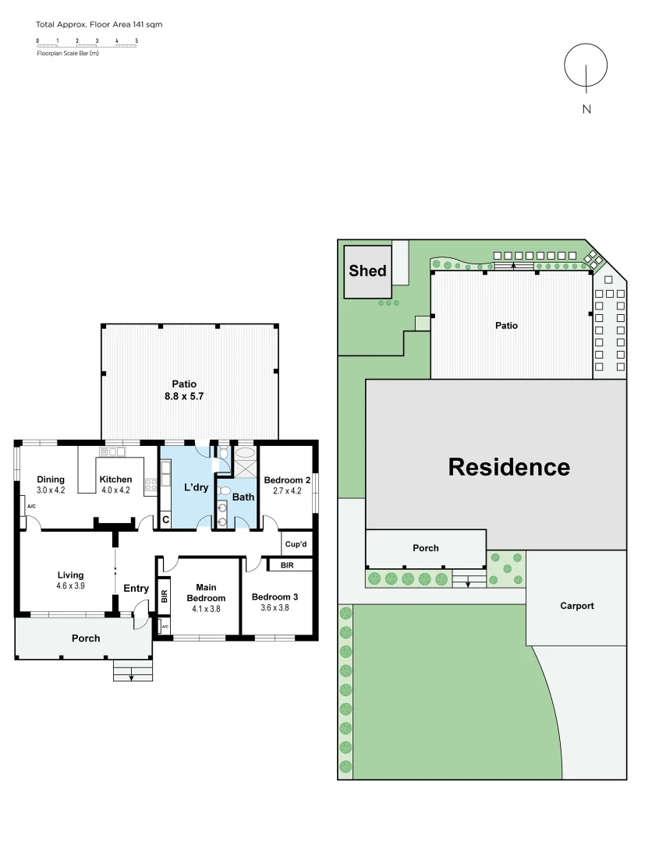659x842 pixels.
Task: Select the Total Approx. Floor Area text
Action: (99, 25)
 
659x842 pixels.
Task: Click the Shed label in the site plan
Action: (367, 271)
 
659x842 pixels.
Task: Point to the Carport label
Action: (576, 606)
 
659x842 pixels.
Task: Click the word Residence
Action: (508, 467)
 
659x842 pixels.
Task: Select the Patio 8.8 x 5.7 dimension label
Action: (184, 390)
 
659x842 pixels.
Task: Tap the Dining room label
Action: (51, 484)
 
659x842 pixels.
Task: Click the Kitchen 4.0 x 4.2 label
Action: (115, 484)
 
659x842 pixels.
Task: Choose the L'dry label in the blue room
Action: (196, 487)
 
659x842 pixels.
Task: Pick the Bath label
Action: (243, 497)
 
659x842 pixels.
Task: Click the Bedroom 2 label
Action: (287, 485)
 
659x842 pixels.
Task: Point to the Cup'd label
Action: (296, 544)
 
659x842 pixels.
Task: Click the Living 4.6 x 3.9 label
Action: (70, 580)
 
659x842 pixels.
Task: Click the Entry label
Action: (136, 589)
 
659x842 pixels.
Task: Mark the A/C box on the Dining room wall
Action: (31, 507)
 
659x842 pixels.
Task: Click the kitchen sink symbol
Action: (112, 451)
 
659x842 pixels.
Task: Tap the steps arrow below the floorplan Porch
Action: (130, 677)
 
